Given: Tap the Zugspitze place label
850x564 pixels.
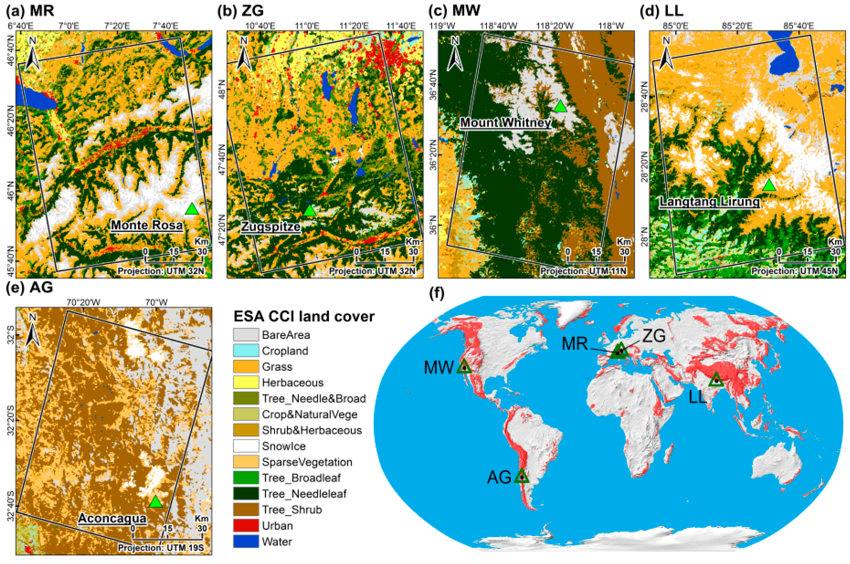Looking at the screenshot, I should [271, 227].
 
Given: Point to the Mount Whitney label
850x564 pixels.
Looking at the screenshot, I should [505, 123].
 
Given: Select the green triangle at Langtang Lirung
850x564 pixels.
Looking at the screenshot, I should [769, 185].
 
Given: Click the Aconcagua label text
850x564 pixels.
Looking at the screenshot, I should [112, 518].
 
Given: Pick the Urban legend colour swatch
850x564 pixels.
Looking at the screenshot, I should [246, 525].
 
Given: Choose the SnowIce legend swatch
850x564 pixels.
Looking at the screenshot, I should [246, 446].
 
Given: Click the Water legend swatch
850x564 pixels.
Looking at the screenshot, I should [246, 541].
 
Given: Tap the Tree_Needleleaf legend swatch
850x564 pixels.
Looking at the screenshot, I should [246, 494].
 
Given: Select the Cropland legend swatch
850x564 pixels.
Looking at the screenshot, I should [246, 351].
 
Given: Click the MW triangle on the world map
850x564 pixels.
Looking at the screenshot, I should [464, 367].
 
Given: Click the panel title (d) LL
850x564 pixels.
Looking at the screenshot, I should [661, 11].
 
